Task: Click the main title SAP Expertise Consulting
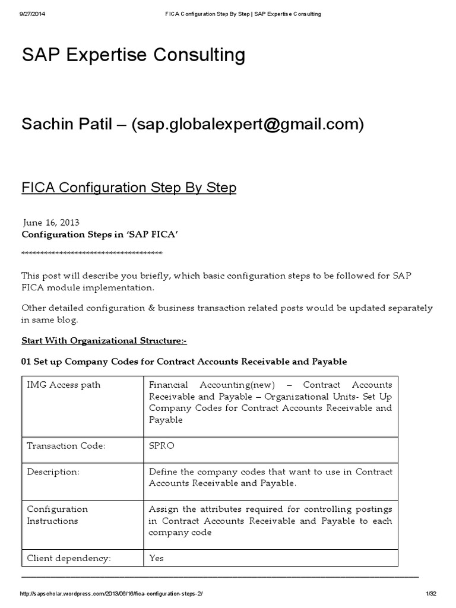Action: click(134, 55)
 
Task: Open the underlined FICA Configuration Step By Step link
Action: click(129, 188)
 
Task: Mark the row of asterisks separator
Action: click(91, 254)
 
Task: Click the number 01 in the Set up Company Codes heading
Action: click(27, 361)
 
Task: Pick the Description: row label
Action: click(52, 471)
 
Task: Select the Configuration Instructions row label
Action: click(57, 515)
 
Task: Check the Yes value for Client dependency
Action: click(157, 558)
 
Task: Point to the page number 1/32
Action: click(430, 594)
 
